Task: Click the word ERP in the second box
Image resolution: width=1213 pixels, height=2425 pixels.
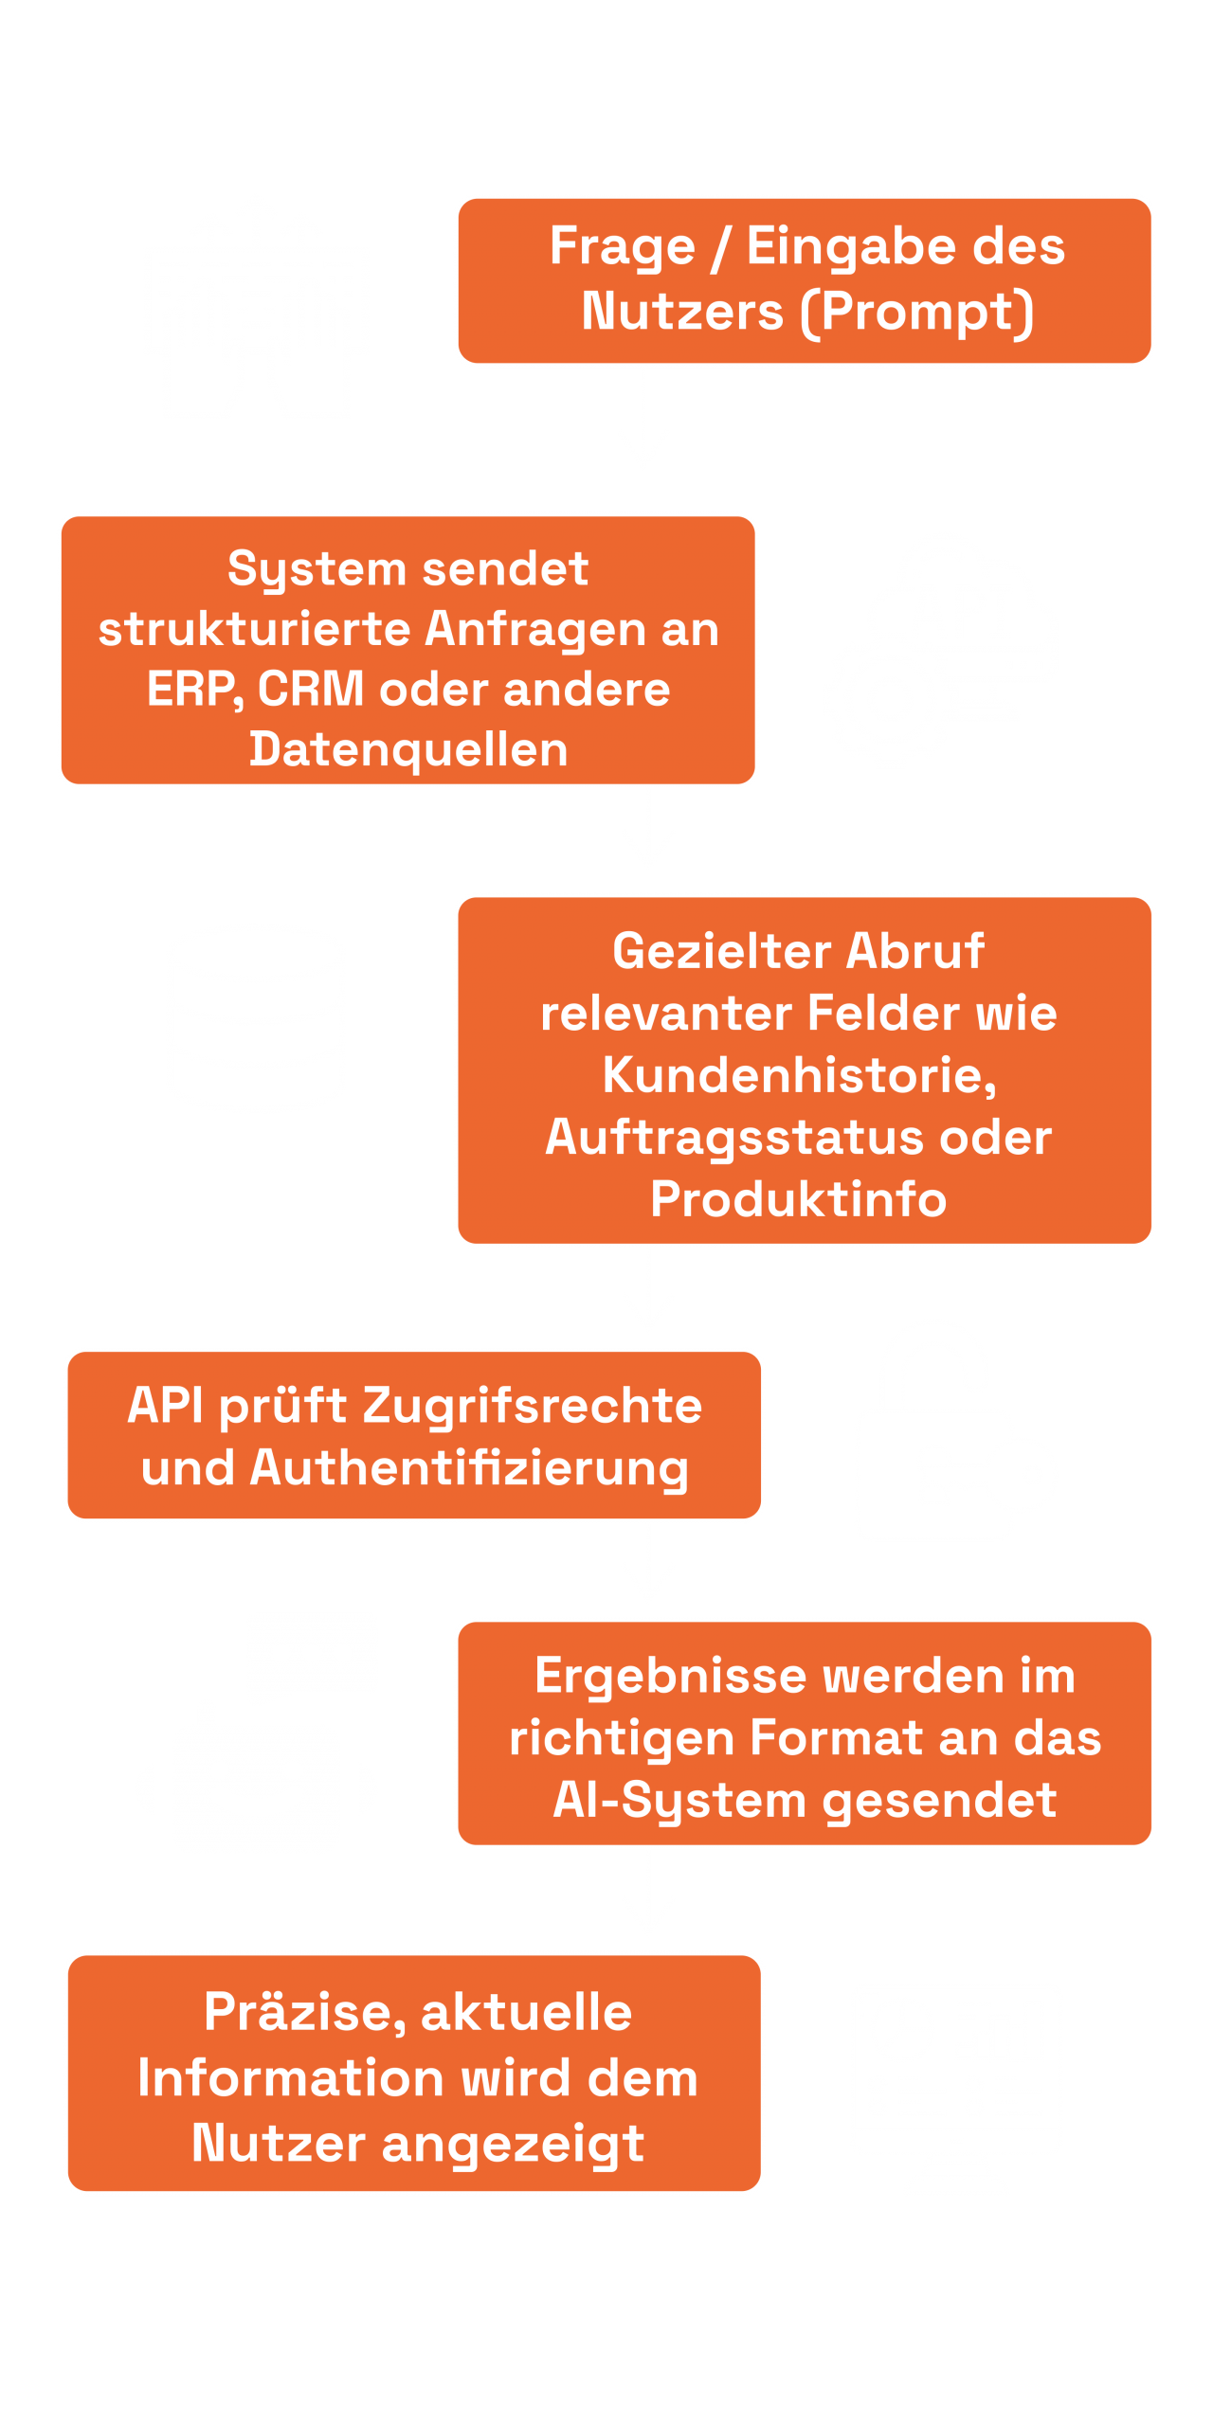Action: (190, 689)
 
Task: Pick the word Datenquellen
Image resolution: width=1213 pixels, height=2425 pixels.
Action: (408, 749)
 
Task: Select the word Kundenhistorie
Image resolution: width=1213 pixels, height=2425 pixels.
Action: (799, 1075)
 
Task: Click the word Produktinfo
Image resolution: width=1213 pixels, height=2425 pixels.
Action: (799, 1199)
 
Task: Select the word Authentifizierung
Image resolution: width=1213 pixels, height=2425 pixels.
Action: (469, 1468)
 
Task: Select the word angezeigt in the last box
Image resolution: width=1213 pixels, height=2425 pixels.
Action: (513, 2143)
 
